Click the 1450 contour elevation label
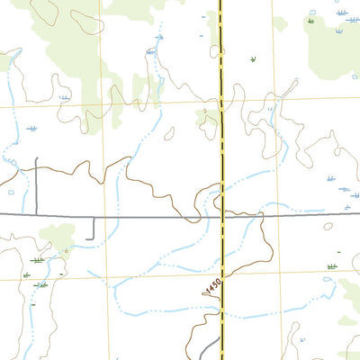212,286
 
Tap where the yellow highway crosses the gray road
221,216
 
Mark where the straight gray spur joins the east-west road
36,216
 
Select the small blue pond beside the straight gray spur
11,192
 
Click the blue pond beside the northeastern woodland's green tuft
312,13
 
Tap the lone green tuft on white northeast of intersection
253,59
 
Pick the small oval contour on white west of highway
169,132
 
